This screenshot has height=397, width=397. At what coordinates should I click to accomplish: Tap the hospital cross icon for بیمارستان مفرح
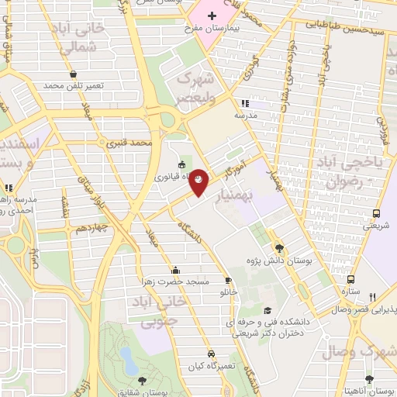coord(211,16)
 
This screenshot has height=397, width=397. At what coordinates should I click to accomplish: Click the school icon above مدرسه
coord(245,103)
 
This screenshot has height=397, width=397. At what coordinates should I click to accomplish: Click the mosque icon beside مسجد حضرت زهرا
coord(176,271)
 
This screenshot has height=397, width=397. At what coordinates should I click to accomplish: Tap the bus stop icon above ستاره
coord(351,279)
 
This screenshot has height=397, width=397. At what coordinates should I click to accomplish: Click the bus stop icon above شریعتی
coord(376,213)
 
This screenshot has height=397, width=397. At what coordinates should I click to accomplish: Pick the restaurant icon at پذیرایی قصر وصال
coord(373,297)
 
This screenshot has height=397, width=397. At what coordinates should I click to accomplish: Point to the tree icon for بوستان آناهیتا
coord(369,379)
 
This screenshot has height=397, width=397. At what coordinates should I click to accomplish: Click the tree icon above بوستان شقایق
coord(142,379)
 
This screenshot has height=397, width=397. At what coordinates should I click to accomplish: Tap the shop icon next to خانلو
coord(228,281)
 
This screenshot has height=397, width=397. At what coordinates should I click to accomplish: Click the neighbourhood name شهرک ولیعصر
coord(194,87)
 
